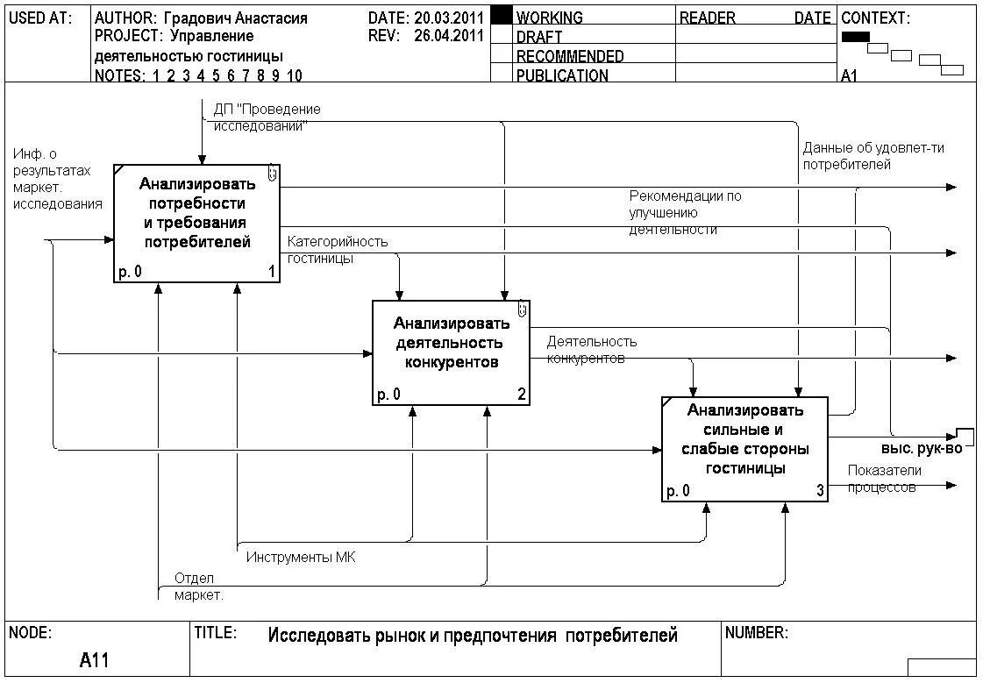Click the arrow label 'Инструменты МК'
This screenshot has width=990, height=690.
301,558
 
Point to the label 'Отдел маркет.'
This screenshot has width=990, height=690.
198,587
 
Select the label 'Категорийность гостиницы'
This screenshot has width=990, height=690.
338,250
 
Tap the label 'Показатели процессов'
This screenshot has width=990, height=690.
884,479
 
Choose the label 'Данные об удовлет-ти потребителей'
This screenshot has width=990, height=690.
873,156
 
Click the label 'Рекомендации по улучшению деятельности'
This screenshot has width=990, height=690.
685,212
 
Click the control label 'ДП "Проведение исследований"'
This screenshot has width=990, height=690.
267,117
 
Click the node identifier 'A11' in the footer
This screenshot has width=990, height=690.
94,660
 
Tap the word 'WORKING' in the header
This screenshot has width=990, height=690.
550,18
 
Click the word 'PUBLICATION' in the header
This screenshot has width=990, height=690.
562,75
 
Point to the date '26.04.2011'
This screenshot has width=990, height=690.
449,36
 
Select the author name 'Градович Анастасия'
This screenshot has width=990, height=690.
236,18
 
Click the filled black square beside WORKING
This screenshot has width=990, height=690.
501,16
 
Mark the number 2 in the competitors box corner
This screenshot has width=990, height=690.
521,395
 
